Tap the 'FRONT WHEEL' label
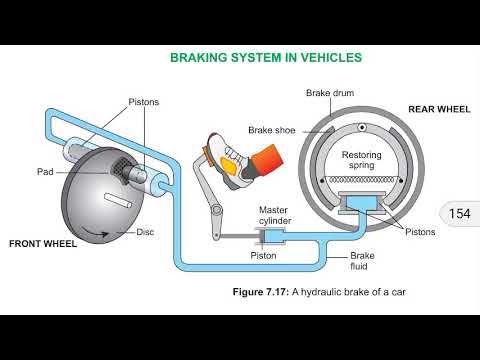(44, 243)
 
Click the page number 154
(459, 214)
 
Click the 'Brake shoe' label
(271, 129)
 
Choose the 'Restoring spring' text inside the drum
(361, 163)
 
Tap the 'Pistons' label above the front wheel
(144, 102)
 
